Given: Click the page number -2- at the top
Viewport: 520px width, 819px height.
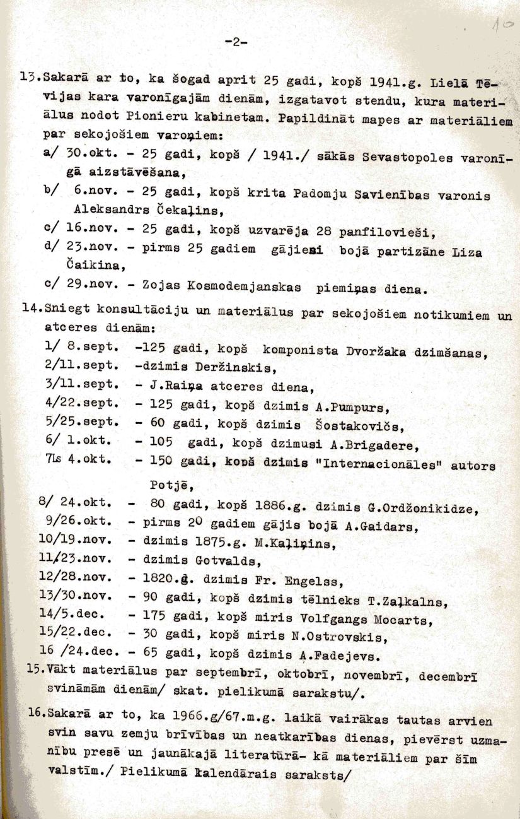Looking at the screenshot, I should point(236,43).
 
